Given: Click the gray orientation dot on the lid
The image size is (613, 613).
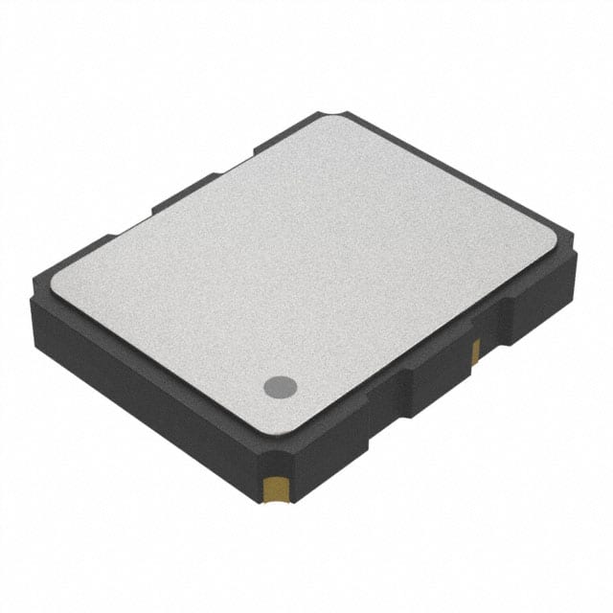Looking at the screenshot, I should point(280,387).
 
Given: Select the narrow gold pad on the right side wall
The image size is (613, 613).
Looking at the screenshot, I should point(475,352).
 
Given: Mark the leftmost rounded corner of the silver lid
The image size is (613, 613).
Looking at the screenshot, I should point(55,278).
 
